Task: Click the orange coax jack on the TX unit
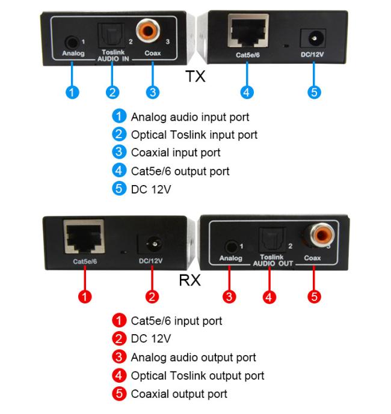click(x=148, y=31)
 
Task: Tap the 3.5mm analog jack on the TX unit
click(x=72, y=43)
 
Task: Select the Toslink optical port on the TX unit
click(x=111, y=35)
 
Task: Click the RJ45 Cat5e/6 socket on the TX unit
click(x=248, y=31)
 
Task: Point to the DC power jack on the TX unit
click(x=313, y=38)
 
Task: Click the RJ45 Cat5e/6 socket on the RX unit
click(x=84, y=237)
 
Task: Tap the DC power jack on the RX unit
click(x=150, y=245)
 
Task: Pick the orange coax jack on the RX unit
click(x=321, y=235)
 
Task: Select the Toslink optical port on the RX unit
click(x=272, y=240)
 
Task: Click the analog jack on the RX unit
click(x=231, y=247)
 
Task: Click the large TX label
click(x=195, y=76)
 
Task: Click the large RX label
click(x=190, y=280)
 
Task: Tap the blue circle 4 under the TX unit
click(x=247, y=92)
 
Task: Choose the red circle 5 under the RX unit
click(x=314, y=296)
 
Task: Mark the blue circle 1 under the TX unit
click(x=72, y=92)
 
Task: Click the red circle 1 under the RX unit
click(x=85, y=296)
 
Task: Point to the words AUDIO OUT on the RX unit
click(x=273, y=264)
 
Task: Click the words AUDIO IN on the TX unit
click(x=113, y=59)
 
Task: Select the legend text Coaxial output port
click(x=179, y=394)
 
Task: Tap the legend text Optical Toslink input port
click(x=194, y=135)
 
